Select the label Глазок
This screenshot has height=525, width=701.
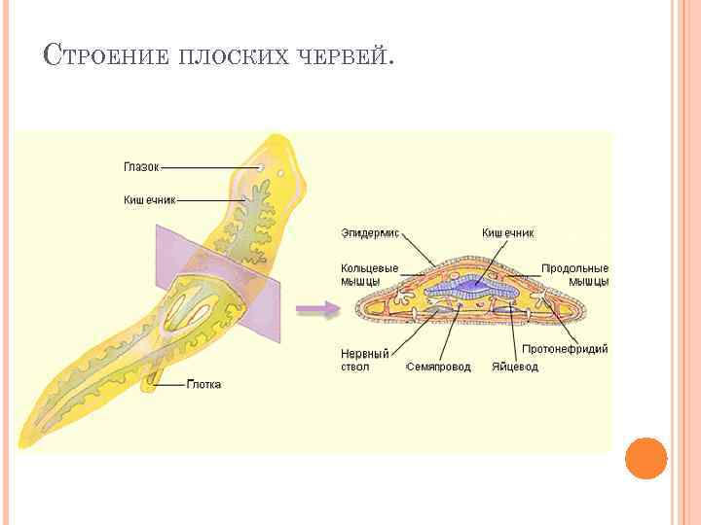[140, 167]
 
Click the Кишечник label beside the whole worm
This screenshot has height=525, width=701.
[149, 199]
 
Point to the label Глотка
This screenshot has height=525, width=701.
[203, 384]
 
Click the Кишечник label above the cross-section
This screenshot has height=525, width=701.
[508, 232]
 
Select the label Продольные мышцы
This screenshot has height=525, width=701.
[575, 274]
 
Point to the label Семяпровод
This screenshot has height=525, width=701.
[438, 367]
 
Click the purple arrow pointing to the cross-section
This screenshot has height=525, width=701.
[315, 309]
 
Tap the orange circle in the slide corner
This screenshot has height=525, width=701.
[646, 458]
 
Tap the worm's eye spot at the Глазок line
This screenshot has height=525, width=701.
[261, 169]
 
